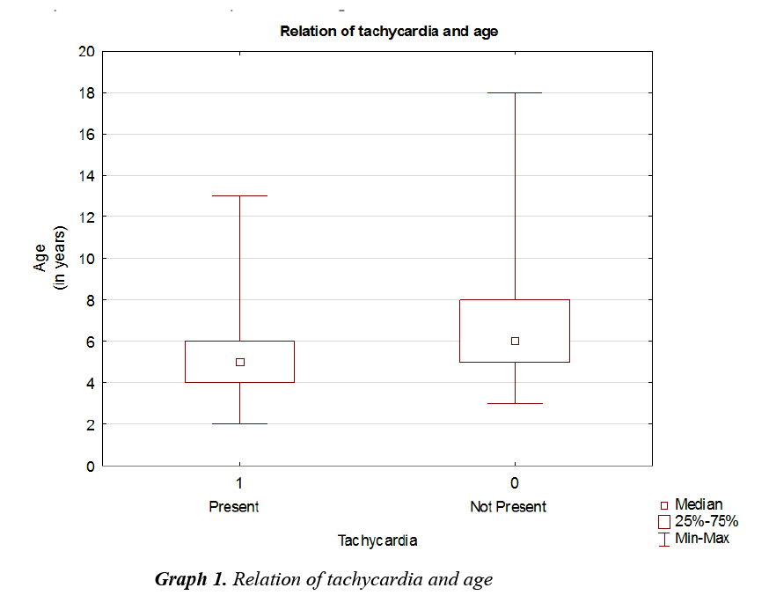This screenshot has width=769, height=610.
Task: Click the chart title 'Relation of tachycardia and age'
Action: click(x=389, y=32)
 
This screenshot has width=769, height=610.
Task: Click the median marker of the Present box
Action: click(x=240, y=362)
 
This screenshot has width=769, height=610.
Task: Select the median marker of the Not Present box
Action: click(x=515, y=341)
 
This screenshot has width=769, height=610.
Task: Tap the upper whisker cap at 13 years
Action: click(x=240, y=195)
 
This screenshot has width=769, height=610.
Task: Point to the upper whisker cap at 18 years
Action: click(x=515, y=92)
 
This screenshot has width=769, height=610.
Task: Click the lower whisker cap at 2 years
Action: click(x=240, y=423)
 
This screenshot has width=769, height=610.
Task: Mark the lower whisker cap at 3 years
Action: click(x=515, y=403)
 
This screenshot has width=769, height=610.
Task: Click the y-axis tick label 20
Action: click(x=86, y=51)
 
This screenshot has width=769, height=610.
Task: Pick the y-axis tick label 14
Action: click(x=86, y=175)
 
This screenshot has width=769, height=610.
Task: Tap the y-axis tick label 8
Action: click(x=90, y=299)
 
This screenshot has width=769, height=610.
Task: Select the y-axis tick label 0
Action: click(x=90, y=466)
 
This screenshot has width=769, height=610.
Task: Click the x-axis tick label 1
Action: click(x=239, y=483)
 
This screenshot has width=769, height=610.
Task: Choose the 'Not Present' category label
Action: click(x=508, y=507)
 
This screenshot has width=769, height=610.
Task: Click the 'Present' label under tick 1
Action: click(x=234, y=507)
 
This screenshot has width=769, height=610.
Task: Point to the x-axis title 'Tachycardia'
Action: click(x=377, y=540)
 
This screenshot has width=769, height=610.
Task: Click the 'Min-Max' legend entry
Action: click(x=701, y=538)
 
